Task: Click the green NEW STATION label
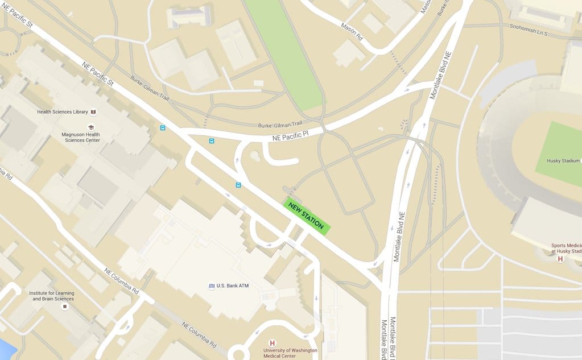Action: [x=306, y=216]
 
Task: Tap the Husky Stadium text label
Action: [x=563, y=161]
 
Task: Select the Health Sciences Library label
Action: [x=63, y=112]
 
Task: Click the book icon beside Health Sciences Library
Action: [x=93, y=112]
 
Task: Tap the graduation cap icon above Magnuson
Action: [x=90, y=127]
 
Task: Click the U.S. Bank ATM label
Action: [x=233, y=285]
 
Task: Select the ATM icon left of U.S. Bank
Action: [x=211, y=285]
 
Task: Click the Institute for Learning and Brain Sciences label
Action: [x=52, y=296]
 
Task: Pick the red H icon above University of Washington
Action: [x=272, y=343]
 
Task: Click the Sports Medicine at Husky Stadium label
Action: [x=566, y=248]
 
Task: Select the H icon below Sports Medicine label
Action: [x=560, y=259]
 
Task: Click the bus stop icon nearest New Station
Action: [x=238, y=185]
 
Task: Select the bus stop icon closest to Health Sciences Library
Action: [x=163, y=128]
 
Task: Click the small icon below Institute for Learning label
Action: [x=64, y=307]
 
